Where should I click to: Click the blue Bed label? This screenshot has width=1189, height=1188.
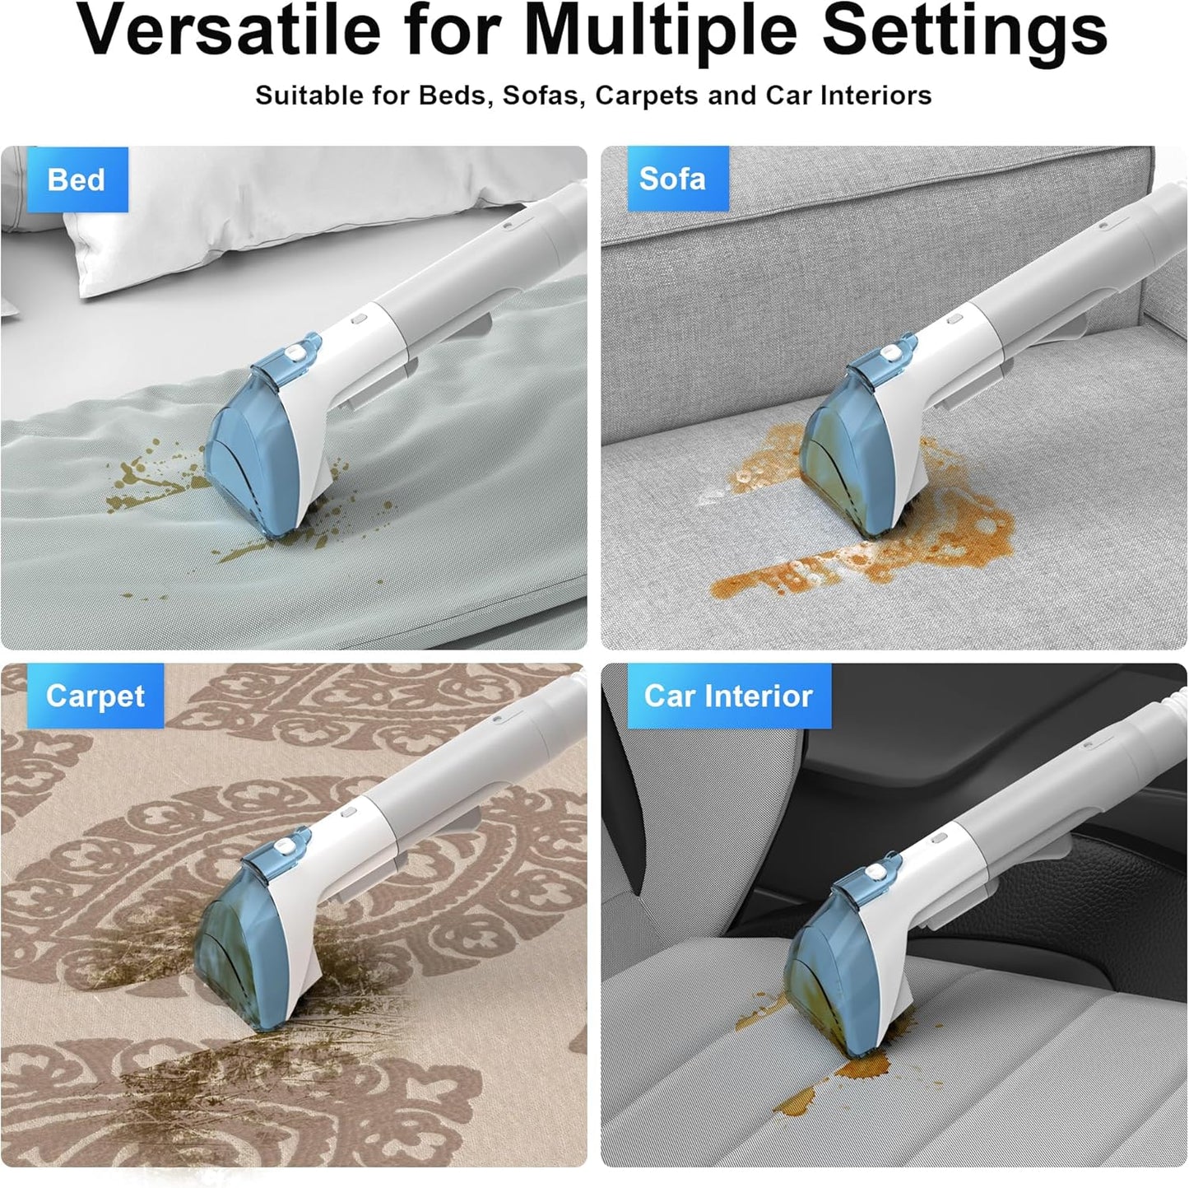click(x=77, y=179)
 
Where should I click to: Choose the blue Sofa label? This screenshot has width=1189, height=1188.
click(x=671, y=179)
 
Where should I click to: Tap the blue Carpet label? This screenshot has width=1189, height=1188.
click(x=95, y=696)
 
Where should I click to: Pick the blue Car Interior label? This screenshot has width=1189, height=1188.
click(x=728, y=696)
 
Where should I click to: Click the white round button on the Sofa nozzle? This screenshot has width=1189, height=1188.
click(x=888, y=352)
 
